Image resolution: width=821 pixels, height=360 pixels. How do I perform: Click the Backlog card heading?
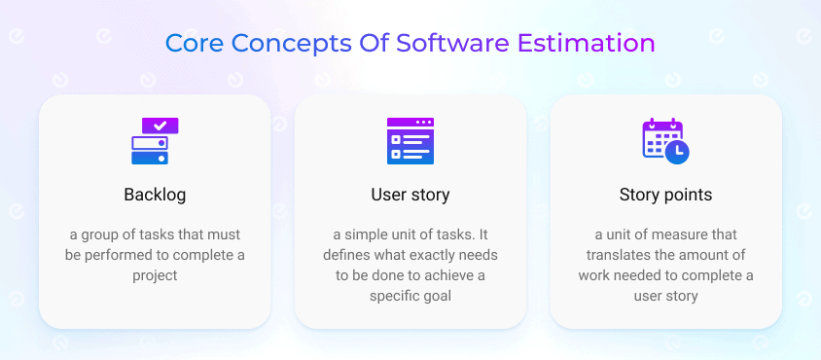pos(155,195)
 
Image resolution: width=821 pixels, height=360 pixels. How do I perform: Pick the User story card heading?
pos(410,195)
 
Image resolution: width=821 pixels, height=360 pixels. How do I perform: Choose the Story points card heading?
pos(665,195)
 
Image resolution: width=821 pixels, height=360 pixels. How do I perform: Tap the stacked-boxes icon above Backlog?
pos(152,141)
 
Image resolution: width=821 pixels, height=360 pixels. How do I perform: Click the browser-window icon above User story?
pos(410,141)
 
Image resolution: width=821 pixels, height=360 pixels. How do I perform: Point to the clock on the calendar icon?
pos(679,151)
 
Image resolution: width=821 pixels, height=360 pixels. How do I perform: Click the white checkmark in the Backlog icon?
pos(161,126)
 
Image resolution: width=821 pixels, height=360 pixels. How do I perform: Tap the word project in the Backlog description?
pos(155,275)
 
